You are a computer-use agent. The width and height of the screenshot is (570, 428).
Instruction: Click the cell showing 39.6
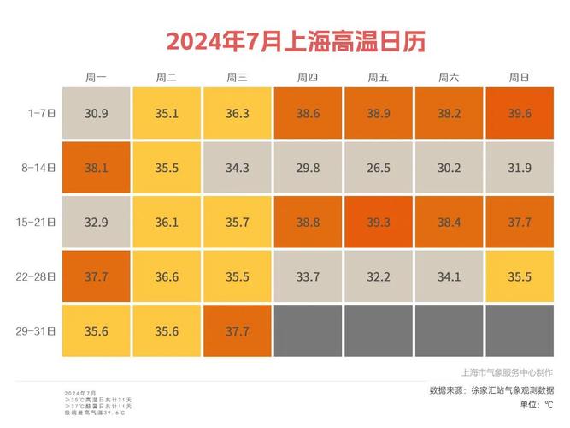pyautogui.click(x=520, y=113)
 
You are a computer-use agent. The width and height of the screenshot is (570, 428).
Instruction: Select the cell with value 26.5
pyautogui.click(x=378, y=168)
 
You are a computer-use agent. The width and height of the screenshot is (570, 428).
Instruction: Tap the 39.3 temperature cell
pyautogui.click(x=378, y=222)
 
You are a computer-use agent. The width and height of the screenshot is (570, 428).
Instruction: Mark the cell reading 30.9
pyautogui.click(x=96, y=113)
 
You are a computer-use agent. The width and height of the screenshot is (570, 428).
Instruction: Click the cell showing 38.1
pyautogui.click(x=96, y=168)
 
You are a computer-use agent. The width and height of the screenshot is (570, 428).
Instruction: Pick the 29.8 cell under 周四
pyautogui.click(x=308, y=168)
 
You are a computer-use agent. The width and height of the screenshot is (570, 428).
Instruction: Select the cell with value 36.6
pyautogui.click(x=167, y=276)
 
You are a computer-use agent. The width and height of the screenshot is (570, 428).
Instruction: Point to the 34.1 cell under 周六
pyautogui.click(x=449, y=276)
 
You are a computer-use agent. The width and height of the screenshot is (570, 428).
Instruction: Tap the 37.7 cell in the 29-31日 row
pyautogui.click(x=237, y=331)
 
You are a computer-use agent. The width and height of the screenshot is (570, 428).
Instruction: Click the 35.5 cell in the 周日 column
pyautogui.click(x=520, y=276)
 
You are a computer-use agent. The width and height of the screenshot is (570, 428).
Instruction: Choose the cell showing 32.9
pyautogui.click(x=96, y=222)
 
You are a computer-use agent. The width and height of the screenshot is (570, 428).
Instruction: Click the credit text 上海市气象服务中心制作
pyautogui.click(x=506, y=372)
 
